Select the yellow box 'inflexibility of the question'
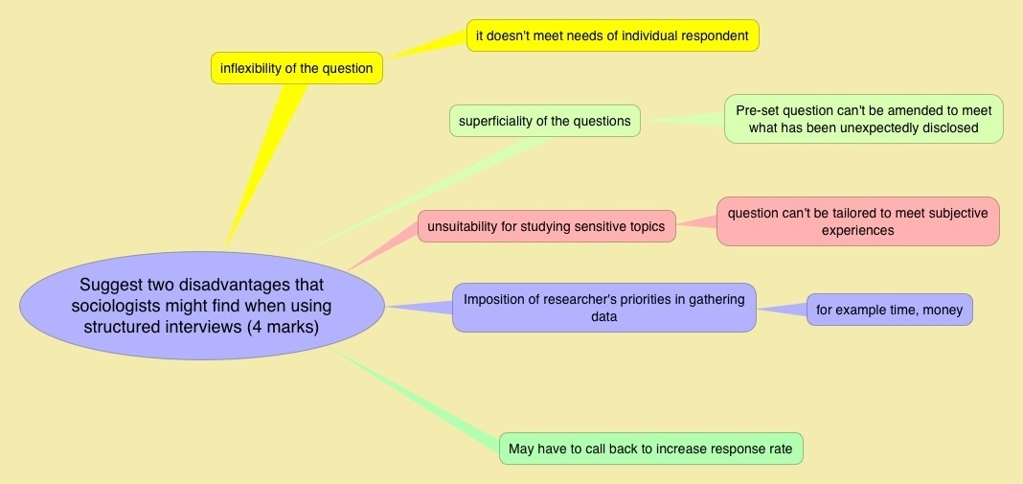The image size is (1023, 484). coord(297,68)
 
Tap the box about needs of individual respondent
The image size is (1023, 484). coord(612,36)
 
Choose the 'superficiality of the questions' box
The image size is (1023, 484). coord(544,121)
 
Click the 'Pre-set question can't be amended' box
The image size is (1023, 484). coord(863,119)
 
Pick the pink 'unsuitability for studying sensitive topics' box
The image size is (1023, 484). coord(547,226)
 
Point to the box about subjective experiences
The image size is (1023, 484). coord(857,221)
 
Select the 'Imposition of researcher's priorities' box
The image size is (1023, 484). coord(603,308)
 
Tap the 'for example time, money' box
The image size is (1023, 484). coord(889,310)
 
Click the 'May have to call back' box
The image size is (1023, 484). coord(650,449)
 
